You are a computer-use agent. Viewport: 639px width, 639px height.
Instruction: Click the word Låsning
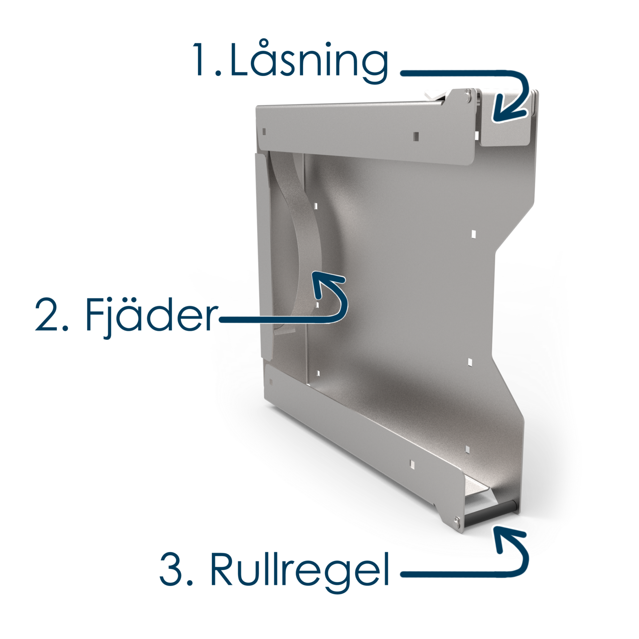click(309, 63)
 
